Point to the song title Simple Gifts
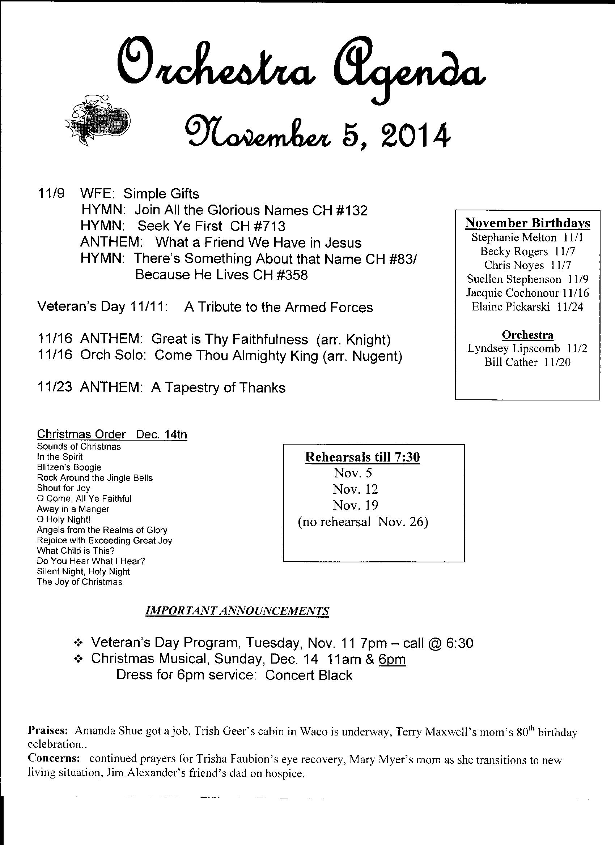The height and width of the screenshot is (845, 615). click(161, 194)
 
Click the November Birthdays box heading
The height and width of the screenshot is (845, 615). click(527, 223)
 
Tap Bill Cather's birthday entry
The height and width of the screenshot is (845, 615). click(527, 362)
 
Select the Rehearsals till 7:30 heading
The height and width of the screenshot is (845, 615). click(362, 457)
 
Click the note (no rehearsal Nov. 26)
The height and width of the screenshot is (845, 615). click(362, 522)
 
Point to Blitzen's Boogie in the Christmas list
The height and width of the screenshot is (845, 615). click(69, 467)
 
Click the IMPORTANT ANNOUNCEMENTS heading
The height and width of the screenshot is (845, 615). click(237, 611)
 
